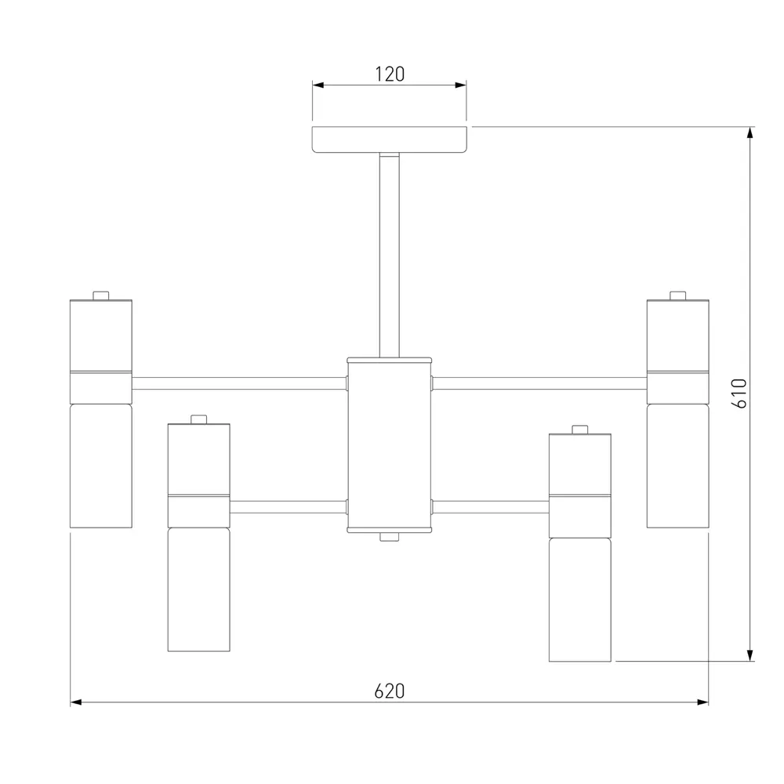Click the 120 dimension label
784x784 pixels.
point(390,74)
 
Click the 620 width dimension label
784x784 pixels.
point(390,691)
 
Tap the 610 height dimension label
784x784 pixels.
point(739,394)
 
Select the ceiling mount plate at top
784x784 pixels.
point(390,140)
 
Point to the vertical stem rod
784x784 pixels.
point(390,256)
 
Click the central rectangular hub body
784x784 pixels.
point(390,445)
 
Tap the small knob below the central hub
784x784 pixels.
point(390,537)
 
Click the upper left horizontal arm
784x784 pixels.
point(239,383)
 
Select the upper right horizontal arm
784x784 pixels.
point(539,383)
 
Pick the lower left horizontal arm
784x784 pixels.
point(289,507)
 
